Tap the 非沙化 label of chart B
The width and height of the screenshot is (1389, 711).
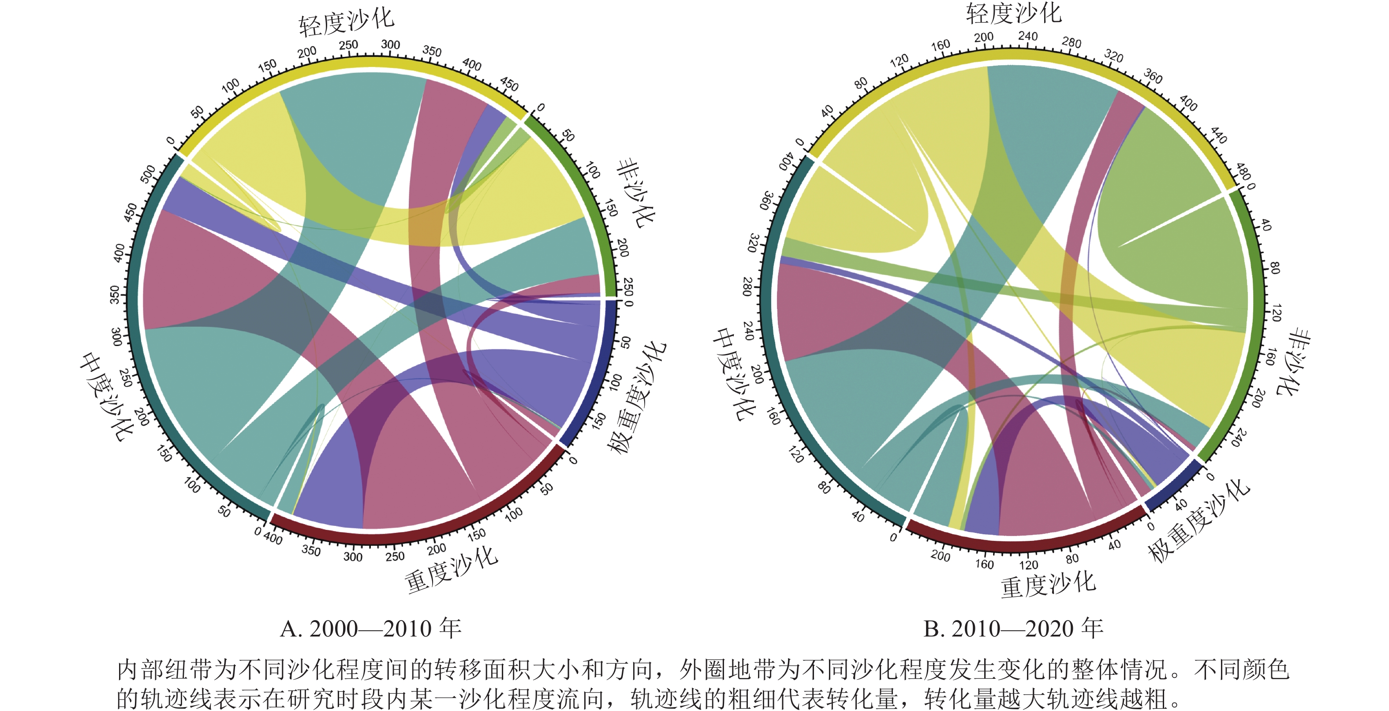1294,362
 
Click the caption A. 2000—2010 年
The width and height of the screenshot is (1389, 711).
370,629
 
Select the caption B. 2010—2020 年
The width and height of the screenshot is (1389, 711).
1013,629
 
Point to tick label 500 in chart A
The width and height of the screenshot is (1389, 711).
147,174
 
